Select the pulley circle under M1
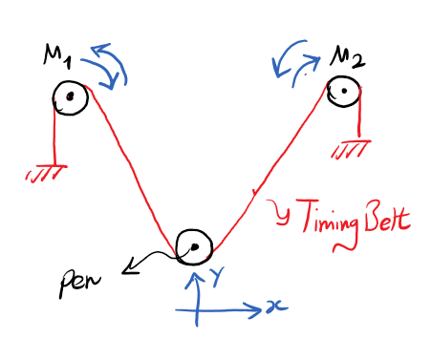pos(71,96)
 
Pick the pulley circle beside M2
pos(341,91)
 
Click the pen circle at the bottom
pos(193,247)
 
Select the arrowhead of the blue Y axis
pos(196,278)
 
